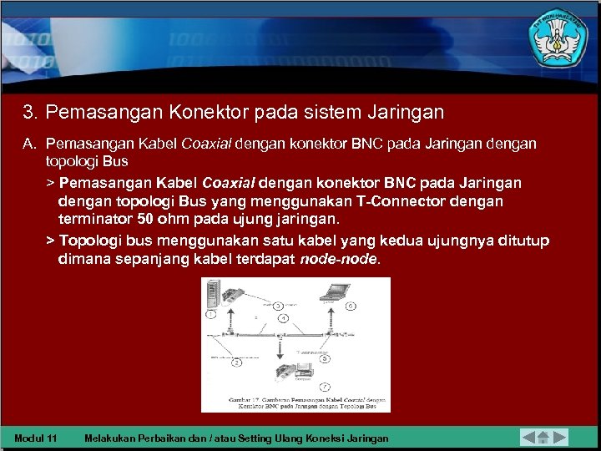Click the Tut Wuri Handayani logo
558,38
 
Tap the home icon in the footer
543,437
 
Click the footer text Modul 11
36,438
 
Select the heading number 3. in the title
31,112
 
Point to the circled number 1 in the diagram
211,314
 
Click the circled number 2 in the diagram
236,362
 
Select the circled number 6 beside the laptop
351,307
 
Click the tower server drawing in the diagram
212,293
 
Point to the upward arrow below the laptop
333,320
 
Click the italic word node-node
338,259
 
